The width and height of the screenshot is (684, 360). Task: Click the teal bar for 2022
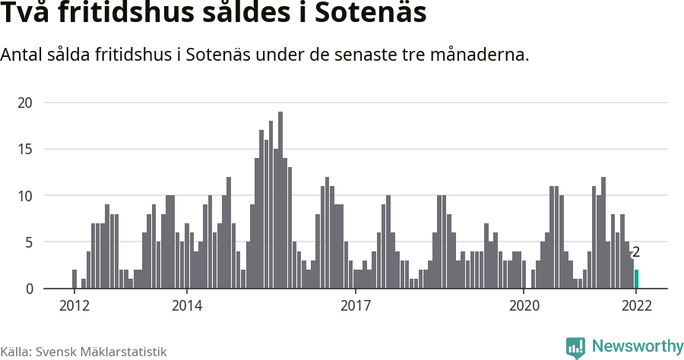(637, 279)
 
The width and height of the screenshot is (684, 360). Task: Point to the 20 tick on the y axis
(27, 103)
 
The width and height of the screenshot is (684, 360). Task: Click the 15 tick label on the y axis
(27, 149)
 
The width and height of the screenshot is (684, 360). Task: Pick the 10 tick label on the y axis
(27, 195)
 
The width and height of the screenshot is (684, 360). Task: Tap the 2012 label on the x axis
(74, 306)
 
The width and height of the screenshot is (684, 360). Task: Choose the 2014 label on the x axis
(187, 306)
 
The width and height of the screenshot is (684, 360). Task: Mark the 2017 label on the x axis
(355, 306)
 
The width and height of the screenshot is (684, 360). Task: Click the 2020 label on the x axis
(524, 306)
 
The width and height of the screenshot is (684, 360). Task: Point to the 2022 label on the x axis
(636, 306)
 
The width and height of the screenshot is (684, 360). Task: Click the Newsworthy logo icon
(575, 347)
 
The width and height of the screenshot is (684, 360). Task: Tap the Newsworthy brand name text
(637, 346)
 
